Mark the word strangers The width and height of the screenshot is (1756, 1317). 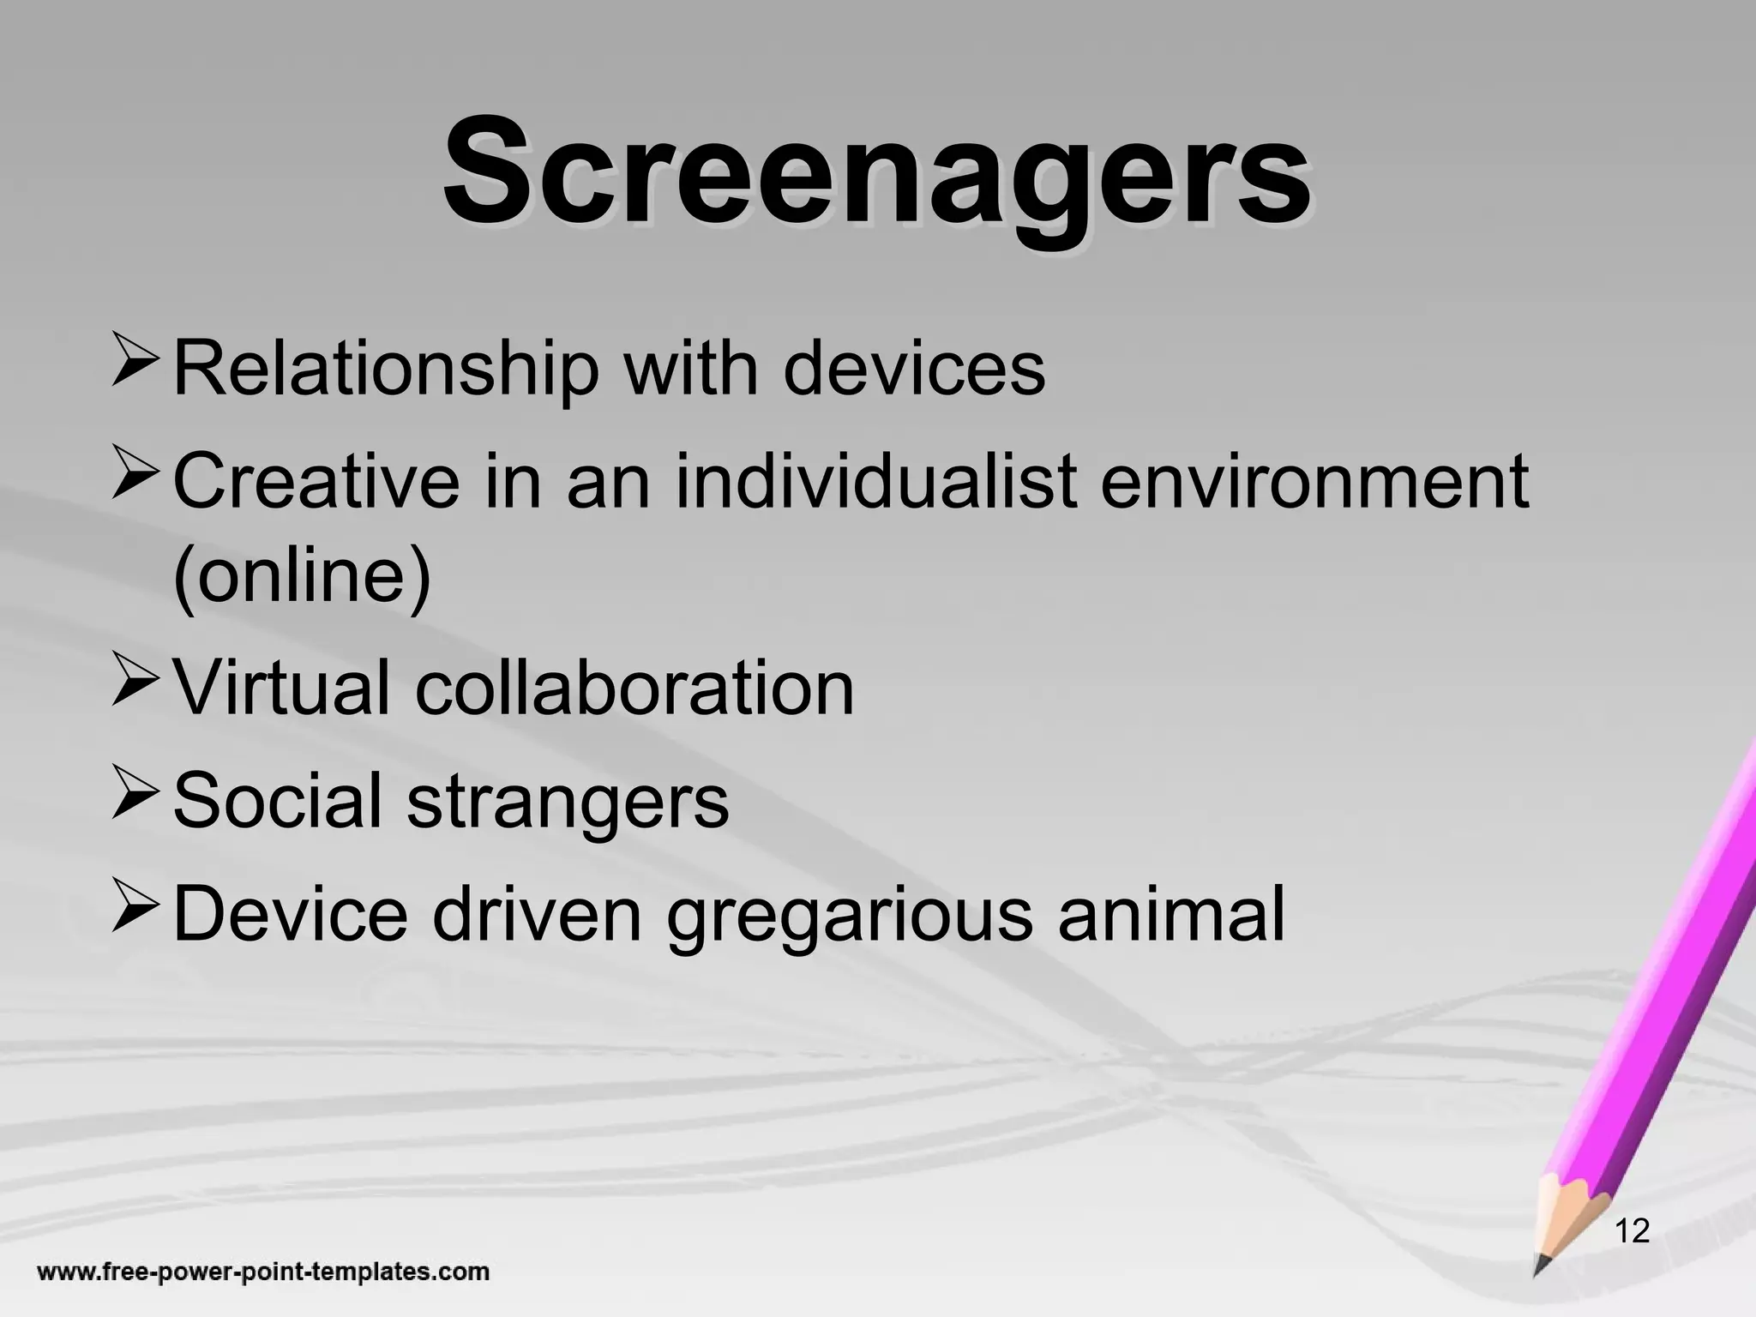point(568,802)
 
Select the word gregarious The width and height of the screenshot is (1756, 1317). point(850,915)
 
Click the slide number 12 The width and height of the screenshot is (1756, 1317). point(1632,1231)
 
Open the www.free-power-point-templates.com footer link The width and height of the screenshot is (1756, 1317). point(263,1271)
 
